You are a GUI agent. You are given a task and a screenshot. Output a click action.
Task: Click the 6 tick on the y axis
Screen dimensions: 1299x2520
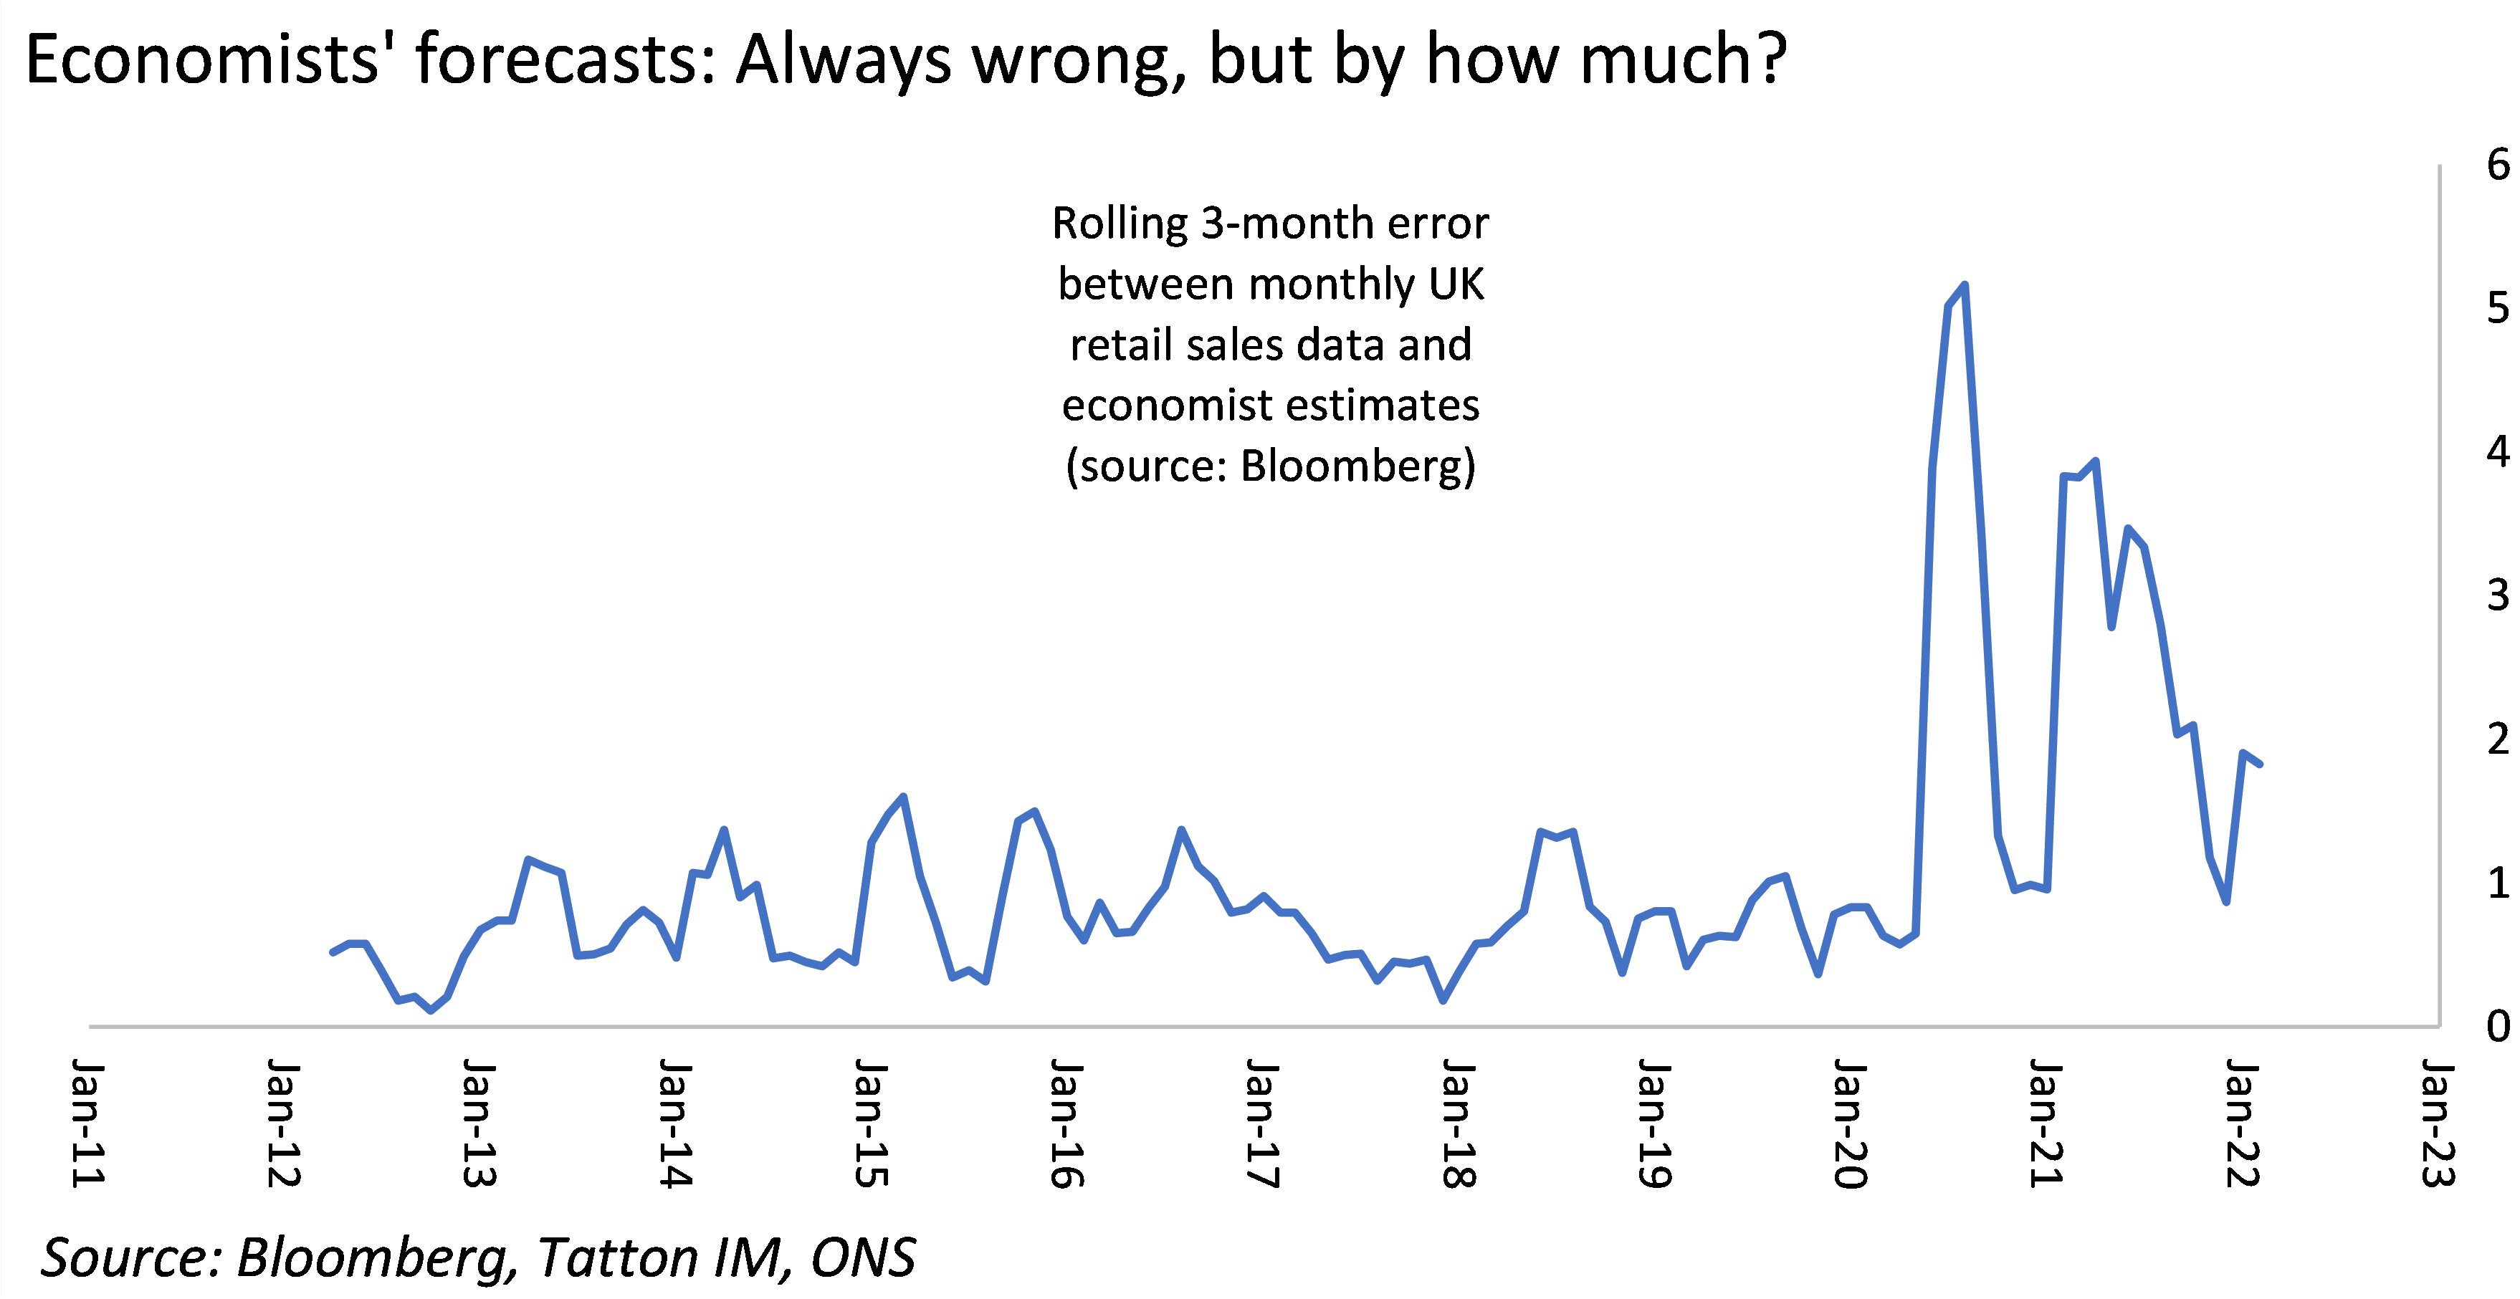(x=2498, y=164)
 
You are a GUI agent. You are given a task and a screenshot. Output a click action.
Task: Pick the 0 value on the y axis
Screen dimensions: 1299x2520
(x=2498, y=1026)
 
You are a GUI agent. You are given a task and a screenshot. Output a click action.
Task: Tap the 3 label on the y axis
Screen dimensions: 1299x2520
(x=2498, y=595)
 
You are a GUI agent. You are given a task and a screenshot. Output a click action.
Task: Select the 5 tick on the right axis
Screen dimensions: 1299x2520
(x=2498, y=308)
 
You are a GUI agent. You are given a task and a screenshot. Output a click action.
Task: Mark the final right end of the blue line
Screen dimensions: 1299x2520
(x=2260, y=764)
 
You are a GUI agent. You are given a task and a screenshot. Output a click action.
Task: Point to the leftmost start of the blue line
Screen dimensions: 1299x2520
(x=333, y=952)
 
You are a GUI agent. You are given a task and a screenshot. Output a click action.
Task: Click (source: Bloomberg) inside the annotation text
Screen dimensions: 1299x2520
(x=1270, y=466)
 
